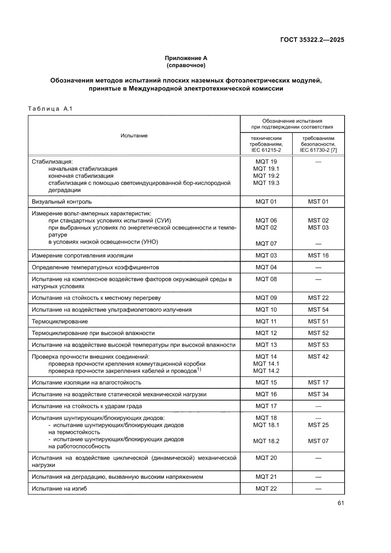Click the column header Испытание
point(134,136)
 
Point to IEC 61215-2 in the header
point(266,150)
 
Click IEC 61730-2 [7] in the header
point(318,150)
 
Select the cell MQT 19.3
point(266,183)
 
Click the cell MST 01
point(318,202)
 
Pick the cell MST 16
point(318,255)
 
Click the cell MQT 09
point(266,298)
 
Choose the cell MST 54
point(318,309)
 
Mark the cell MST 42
point(318,357)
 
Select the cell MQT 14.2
point(266,371)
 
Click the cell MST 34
point(318,394)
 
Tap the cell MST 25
point(318,425)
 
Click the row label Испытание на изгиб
point(59,489)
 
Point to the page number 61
point(340,503)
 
